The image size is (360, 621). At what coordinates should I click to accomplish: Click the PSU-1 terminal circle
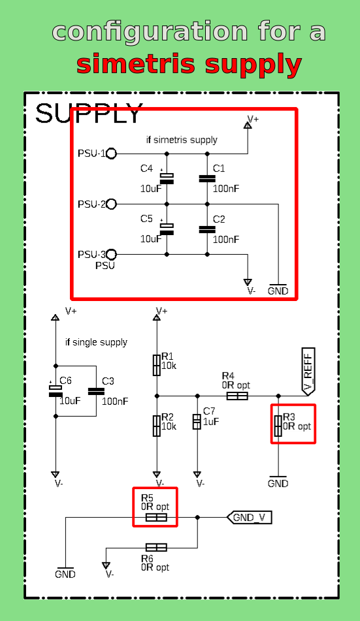pos(111,153)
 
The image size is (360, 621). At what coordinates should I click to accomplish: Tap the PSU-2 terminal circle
pos(111,204)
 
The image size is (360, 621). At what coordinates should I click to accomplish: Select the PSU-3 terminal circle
pos(111,254)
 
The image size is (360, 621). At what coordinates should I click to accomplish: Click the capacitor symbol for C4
pos(167,178)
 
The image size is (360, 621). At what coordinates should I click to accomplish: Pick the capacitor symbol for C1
pos(207,178)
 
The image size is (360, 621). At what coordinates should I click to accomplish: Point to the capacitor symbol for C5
pos(167,229)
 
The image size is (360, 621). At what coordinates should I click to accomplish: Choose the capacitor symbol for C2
pos(207,229)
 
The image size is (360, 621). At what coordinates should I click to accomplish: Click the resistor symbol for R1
pos(157,366)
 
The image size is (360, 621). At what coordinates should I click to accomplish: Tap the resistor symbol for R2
pos(157,426)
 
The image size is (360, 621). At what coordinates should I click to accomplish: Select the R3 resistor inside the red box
pos(278,426)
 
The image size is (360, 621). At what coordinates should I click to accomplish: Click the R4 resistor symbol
pos(237,396)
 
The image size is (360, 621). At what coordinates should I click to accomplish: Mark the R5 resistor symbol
pos(156,517)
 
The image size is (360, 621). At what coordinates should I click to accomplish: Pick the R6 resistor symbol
pos(156,547)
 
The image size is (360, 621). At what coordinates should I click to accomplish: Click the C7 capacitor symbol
pos(197,422)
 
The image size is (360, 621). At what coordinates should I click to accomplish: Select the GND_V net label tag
pos(250,517)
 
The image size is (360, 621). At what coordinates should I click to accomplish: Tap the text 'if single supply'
pos(96,342)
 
